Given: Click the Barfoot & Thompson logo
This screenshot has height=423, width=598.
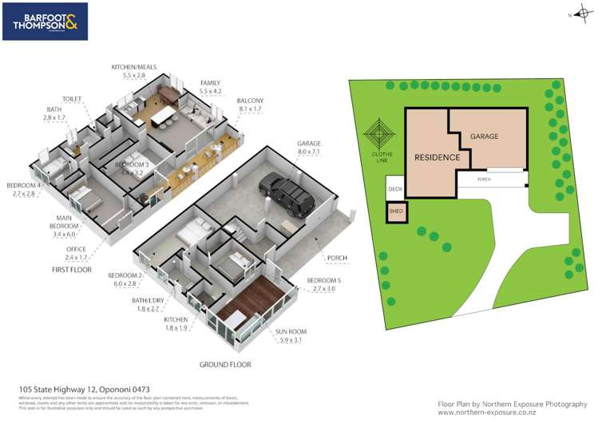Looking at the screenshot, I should pos(45,22).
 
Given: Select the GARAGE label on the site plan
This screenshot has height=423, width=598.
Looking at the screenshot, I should pos(483,136).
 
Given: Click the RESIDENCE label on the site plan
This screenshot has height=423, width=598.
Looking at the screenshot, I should pos(437,157).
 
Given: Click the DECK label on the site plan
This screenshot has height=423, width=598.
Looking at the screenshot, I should pos(395,190).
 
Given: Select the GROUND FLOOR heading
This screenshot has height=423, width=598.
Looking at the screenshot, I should pos(225,365).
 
